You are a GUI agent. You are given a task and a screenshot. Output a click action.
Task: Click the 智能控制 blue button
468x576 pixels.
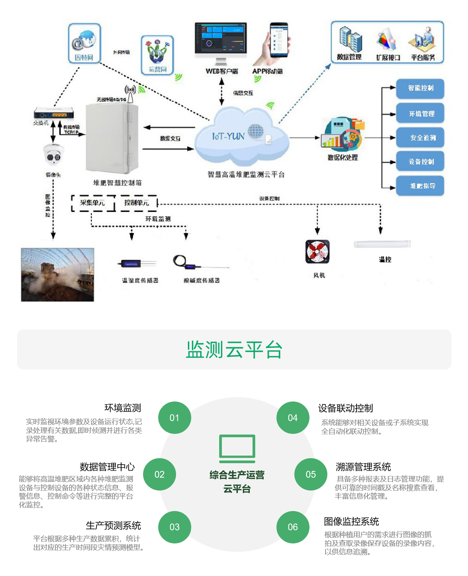[x=420, y=89]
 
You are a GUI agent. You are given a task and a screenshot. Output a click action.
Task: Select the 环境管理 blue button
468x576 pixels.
[x=420, y=114]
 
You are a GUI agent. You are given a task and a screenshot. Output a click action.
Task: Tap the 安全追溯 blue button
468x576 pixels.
[x=420, y=137]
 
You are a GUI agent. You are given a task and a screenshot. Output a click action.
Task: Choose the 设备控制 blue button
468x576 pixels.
[x=420, y=162]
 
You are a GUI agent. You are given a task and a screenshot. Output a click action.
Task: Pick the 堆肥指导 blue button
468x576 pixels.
[x=420, y=186]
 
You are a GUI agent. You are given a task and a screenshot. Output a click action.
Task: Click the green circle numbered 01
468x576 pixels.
[x=174, y=418]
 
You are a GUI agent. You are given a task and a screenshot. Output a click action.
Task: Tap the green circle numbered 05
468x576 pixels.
[x=311, y=474]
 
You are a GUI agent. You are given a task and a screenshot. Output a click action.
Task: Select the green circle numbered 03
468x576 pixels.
[x=174, y=527]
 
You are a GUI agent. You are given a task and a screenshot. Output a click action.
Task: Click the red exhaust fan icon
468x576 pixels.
[x=318, y=252]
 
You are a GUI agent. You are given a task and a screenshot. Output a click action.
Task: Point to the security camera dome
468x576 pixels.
[x=53, y=155]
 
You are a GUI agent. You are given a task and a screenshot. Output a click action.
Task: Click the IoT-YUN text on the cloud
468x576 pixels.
[x=228, y=136]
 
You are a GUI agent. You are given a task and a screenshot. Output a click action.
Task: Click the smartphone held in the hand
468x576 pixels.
[x=279, y=39]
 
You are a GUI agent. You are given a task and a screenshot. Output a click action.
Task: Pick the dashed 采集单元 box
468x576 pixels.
[x=93, y=203]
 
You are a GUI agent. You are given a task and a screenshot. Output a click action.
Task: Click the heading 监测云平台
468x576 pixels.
[x=234, y=350]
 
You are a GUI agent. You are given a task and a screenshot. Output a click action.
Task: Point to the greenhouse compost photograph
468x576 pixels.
[x=57, y=275]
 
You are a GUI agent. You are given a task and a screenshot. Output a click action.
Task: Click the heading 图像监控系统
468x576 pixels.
[x=351, y=521]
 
